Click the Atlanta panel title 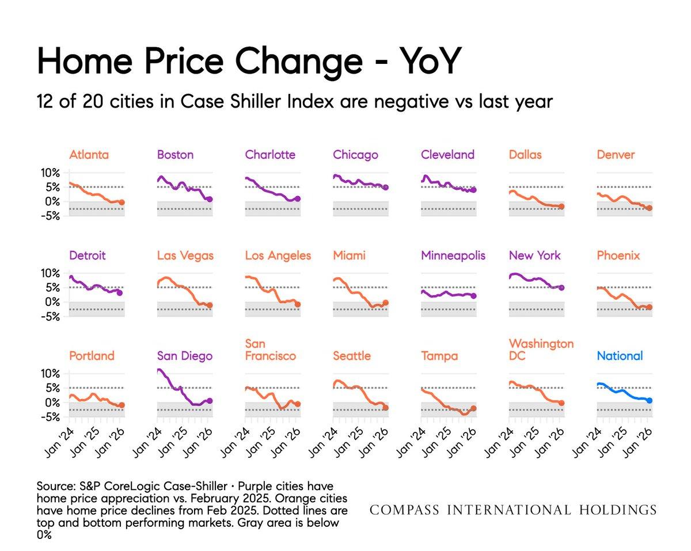pyautogui.click(x=89, y=155)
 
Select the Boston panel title pyautogui.click(x=175, y=155)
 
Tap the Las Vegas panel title pyautogui.click(x=185, y=255)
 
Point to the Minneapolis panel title pyautogui.click(x=453, y=255)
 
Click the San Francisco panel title pyautogui.click(x=271, y=350)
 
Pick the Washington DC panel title pyautogui.click(x=541, y=350)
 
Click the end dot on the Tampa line pyautogui.click(x=473, y=408)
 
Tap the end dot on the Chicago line pyautogui.click(x=386, y=188)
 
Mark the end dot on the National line pyautogui.click(x=650, y=400)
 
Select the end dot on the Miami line pyautogui.click(x=386, y=303)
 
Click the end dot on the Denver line pyautogui.click(x=650, y=208)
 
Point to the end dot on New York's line pyautogui.click(x=561, y=288)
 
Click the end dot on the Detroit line pyautogui.click(x=120, y=293)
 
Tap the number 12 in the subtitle pyautogui.click(x=45, y=102)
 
